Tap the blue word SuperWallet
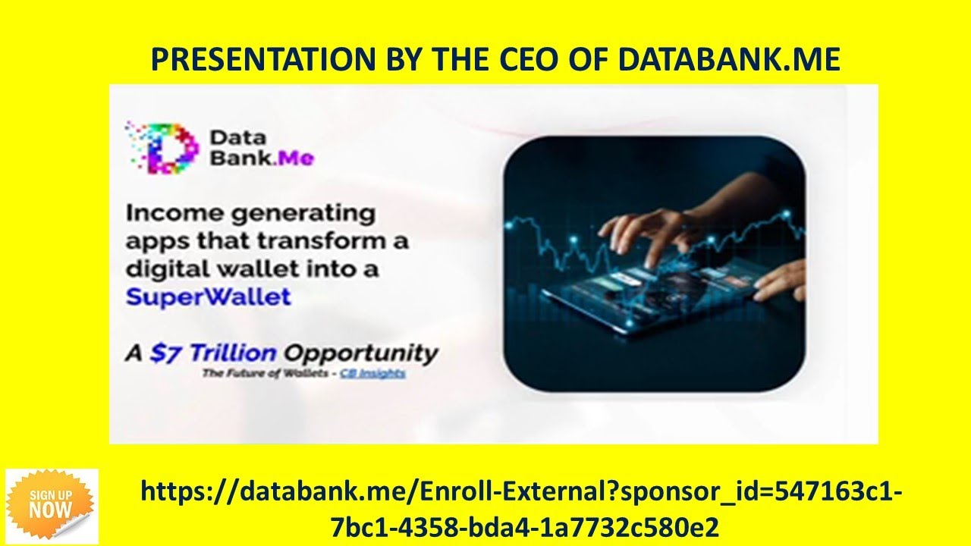[x=208, y=296]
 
